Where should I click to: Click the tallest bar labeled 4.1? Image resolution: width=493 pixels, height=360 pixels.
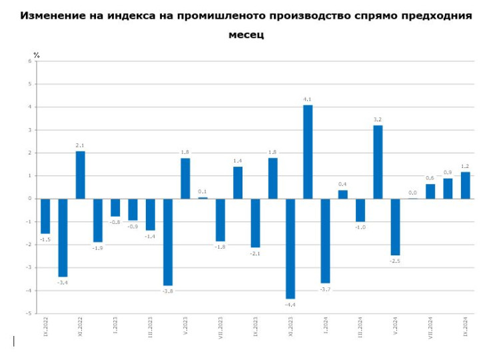pos(308,152)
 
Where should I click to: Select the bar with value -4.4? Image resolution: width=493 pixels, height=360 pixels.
pos(290,248)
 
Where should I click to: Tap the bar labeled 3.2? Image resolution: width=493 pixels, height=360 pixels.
pos(378,162)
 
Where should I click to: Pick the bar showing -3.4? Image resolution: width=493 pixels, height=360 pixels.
pos(63,237)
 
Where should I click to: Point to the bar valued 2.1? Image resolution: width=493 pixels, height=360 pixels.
pos(80,175)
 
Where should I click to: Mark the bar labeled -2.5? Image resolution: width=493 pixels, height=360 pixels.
pos(395,227)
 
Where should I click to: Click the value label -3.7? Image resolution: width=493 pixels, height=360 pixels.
pos(325,289)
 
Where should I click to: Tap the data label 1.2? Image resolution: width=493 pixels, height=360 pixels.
pos(465,166)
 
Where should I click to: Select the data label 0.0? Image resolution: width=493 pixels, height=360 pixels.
pos(412,192)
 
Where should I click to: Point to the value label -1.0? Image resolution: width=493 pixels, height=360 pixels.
pos(360,227)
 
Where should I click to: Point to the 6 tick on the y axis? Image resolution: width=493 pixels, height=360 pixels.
pos(30,61)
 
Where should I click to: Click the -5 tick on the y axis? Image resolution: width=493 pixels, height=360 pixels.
pos(29,313)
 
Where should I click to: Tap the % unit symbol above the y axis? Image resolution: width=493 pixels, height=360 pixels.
pos(37,55)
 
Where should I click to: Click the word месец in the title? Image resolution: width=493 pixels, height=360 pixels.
pos(246,34)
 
